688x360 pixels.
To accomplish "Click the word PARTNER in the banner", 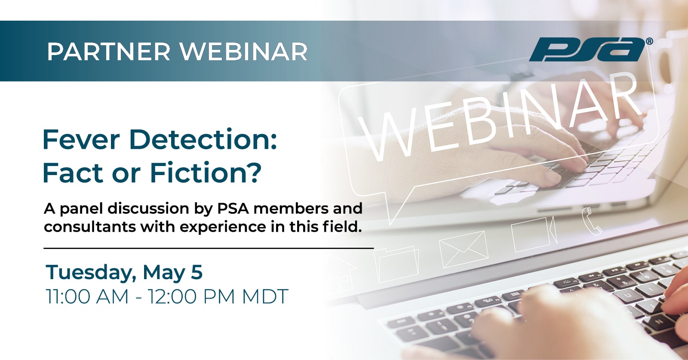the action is coord(109,52).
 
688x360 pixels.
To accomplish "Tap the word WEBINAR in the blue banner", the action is coord(243,52).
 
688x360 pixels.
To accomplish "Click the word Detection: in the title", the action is coord(203,140).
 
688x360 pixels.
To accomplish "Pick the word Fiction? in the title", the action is coord(205,172).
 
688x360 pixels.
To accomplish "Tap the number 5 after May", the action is coord(197,272).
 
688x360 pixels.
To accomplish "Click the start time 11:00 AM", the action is coord(87,296).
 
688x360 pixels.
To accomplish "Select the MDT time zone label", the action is coord(265,296).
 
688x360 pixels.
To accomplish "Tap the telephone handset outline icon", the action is coord(592,221).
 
